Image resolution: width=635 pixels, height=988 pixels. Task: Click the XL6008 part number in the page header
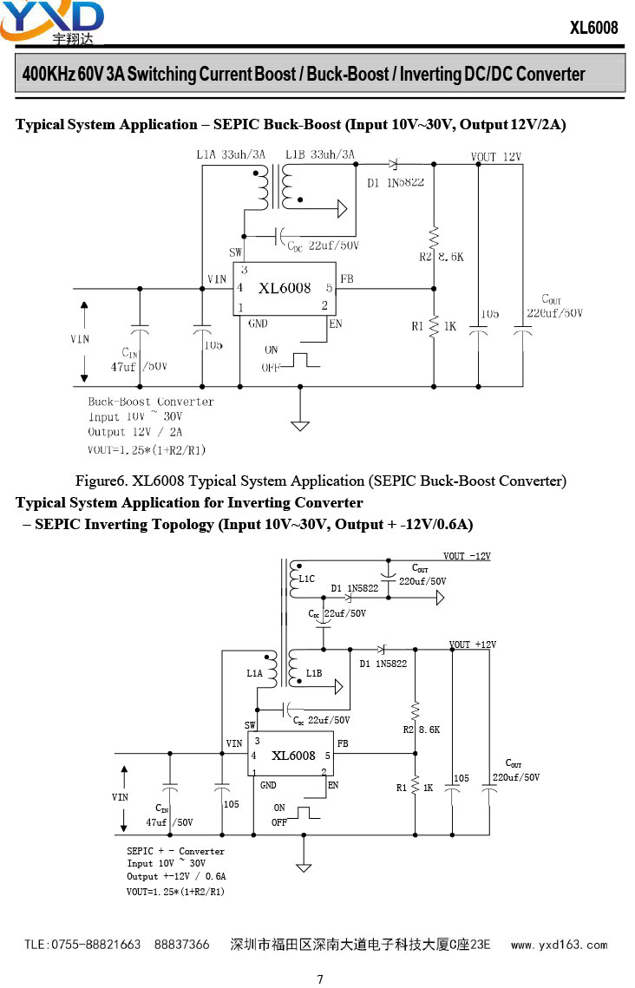coord(594,28)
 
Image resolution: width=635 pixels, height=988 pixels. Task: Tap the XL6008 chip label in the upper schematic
coord(285,288)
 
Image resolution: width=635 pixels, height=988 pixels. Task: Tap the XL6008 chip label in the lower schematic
coord(293,755)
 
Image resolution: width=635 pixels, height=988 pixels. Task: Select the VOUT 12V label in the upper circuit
coord(496,157)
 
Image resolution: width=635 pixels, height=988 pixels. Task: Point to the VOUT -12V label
coord(467,556)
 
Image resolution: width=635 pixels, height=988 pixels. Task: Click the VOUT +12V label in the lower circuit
coord(473,644)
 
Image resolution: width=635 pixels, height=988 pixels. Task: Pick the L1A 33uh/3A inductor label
coord(232,154)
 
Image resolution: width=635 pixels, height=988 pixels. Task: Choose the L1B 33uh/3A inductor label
coord(320,154)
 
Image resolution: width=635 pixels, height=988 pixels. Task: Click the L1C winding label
coord(307,579)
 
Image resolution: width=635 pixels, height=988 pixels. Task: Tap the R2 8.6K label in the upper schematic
coord(442,257)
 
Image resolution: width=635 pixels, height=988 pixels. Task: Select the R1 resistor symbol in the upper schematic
coord(434,326)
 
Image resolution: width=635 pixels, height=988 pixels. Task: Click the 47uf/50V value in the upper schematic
coord(139,367)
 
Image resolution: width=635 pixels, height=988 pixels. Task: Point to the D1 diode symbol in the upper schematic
coord(394,165)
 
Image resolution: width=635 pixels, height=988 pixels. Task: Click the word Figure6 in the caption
coord(101,481)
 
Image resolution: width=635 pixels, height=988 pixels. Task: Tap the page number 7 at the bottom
coord(320,978)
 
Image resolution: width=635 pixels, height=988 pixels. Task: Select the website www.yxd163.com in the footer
coord(559,945)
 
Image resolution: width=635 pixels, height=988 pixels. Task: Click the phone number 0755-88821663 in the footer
coord(95,945)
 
